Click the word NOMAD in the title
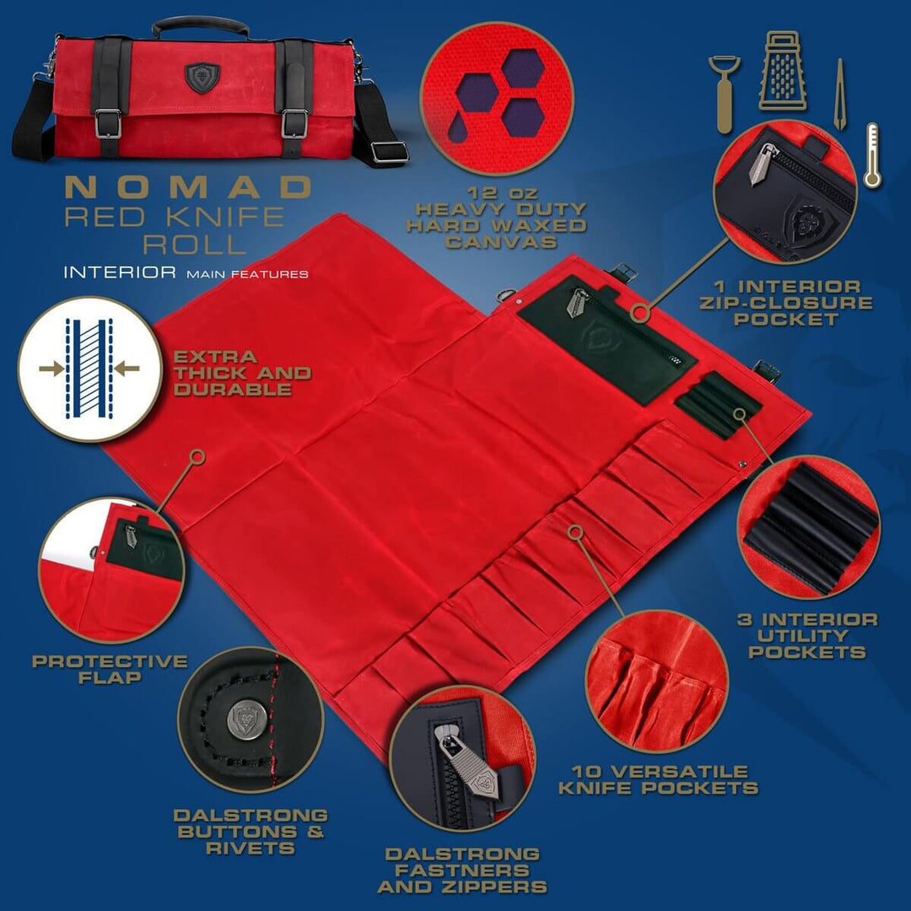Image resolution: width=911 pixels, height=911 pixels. pyautogui.click(x=188, y=187)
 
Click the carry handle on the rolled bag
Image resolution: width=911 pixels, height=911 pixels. pyautogui.click(x=200, y=26)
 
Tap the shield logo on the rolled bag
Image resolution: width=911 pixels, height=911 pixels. pyautogui.click(x=202, y=78)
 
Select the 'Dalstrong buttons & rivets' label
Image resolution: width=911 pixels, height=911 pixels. pyautogui.click(x=251, y=831)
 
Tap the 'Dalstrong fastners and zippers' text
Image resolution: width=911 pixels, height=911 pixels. pyautogui.click(x=462, y=870)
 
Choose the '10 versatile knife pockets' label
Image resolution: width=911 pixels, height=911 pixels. pyautogui.click(x=658, y=779)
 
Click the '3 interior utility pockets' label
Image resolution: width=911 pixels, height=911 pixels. pyautogui.click(x=807, y=636)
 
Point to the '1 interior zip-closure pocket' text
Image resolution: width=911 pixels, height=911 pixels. pyautogui.click(x=785, y=302)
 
